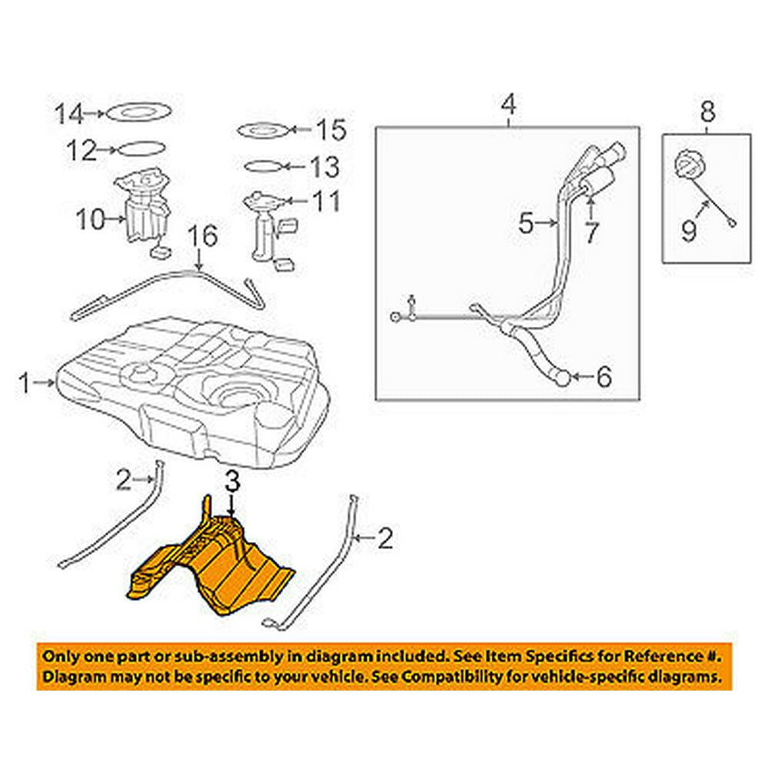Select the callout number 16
[x=199, y=237]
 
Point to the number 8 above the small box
[x=707, y=112]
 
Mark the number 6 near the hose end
[x=604, y=377]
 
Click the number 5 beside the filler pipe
[x=525, y=224]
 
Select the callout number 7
[x=590, y=233]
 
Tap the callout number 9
[x=690, y=228]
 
